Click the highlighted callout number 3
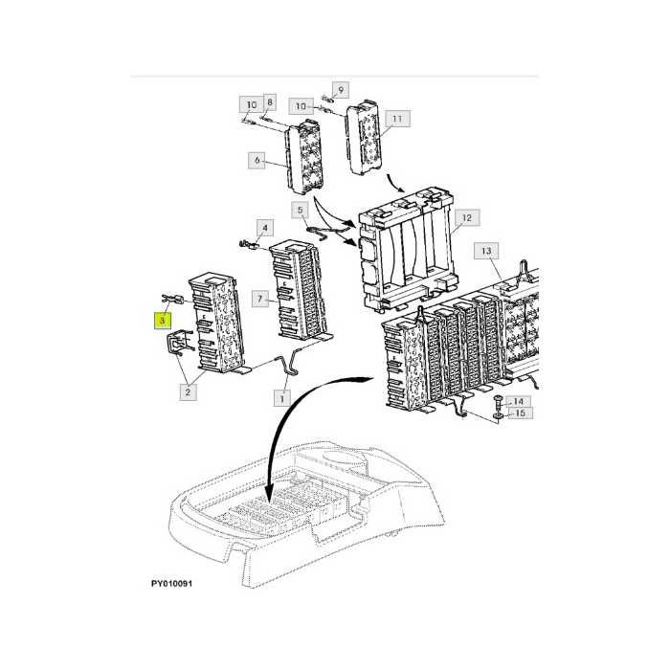(164, 319)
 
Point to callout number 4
(265, 228)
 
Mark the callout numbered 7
(259, 301)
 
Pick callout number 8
(270, 101)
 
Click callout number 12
(466, 218)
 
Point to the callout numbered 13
(485, 251)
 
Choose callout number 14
(518, 401)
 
